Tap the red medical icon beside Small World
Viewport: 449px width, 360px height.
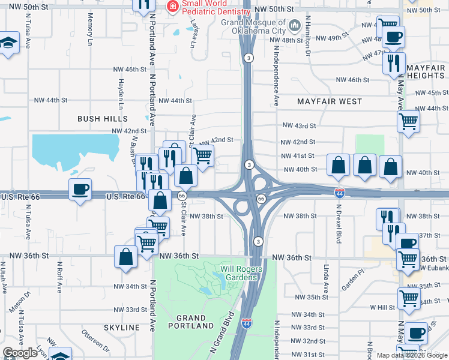172,7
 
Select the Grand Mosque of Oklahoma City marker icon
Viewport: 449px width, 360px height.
294,26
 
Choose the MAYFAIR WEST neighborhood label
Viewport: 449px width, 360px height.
330,101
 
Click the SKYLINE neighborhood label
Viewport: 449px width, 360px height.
122,328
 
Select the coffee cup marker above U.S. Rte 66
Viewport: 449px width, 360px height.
80,190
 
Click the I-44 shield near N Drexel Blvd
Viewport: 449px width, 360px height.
339,192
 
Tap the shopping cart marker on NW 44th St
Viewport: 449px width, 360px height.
408,121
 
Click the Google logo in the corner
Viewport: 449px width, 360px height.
20,353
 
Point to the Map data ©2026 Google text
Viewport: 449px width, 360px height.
412,355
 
